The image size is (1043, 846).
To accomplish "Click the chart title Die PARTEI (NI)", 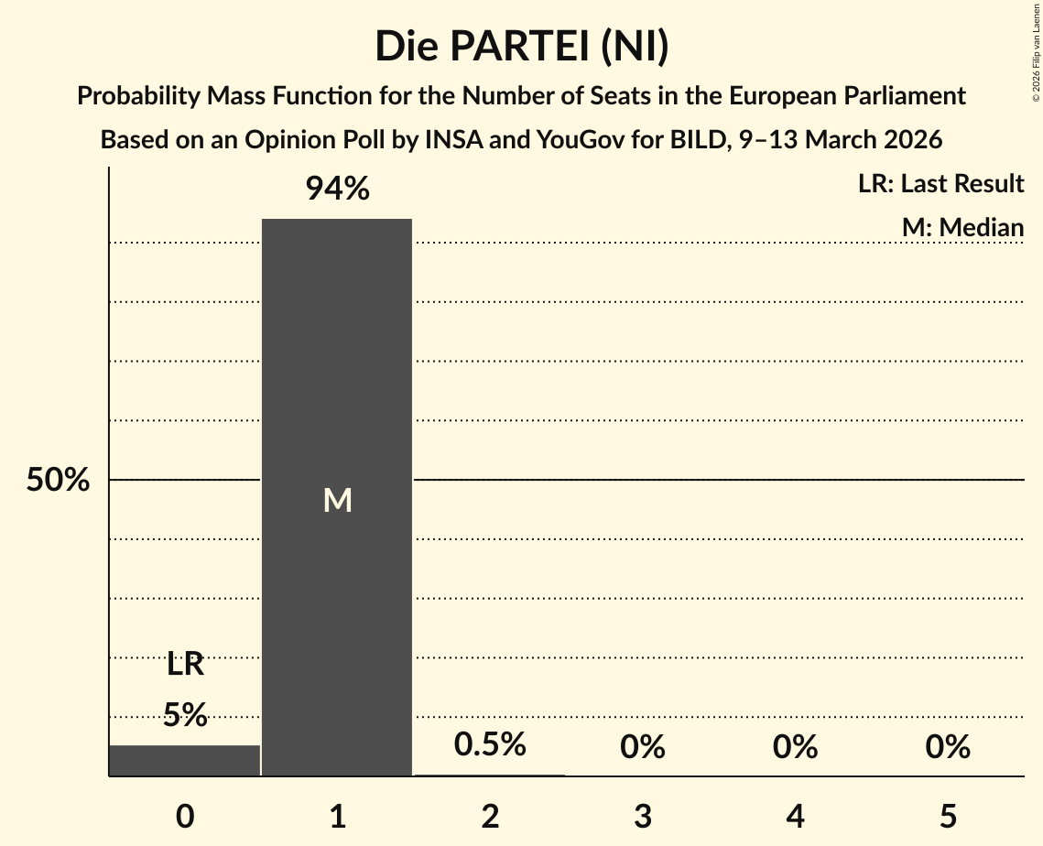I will pyautogui.click(x=521, y=47).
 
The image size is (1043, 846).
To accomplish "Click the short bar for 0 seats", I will pyautogui.click(x=185, y=761).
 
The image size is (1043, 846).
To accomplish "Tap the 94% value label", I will pyautogui.click(x=337, y=190).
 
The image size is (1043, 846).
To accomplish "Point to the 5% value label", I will pyautogui.click(x=185, y=715).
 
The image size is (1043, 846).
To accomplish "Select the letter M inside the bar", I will pyautogui.click(x=337, y=500).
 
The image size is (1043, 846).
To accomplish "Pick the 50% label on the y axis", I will pyautogui.click(x=58, y=480).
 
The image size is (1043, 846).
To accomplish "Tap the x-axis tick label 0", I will pyautogui.click(x=185, y=816).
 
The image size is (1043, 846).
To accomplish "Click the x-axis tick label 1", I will pyautogui.click(x=337, y=816).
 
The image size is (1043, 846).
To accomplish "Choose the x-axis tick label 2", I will pyautogui.click(x=490, y=816).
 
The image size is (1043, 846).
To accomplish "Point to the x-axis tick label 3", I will pyautogui.click(x=642, y=816).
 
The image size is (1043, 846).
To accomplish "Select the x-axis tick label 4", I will pyautogui.click(x=795, y=816).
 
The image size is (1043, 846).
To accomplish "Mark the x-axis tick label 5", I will pyautogui.click(x=947, y=816).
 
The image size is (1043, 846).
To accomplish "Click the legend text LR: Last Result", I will pyautogui.click(x=940, y=184).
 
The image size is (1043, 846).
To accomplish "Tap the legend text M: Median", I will pyautogui.click(x=962, y=227).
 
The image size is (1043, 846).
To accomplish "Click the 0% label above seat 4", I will pyautogui.click(x=795, y=748).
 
